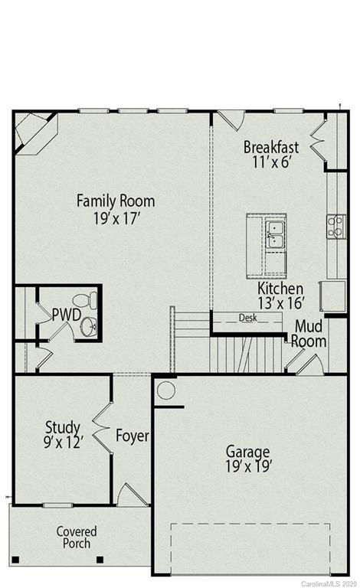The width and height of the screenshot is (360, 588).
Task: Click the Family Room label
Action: [115, 201]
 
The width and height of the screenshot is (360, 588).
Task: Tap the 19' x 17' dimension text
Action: [115, 218]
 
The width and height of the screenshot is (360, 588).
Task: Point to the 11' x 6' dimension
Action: [272, 162]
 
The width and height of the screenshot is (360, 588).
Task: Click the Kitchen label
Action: [280, 289]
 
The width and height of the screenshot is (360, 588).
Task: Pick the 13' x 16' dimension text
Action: [280, 304]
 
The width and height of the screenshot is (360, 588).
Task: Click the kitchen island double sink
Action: [276, 234]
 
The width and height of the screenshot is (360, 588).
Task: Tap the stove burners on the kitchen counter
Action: [335, 226]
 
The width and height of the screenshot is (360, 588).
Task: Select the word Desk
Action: [247, 317]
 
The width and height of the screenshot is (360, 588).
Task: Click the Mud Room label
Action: [309, 334]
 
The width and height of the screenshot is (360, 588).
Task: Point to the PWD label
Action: [65, 313]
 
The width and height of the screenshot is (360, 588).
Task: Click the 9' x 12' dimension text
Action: [64, 441]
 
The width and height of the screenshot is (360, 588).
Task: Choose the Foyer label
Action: [132, 436]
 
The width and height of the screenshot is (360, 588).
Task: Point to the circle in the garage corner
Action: [166, 391]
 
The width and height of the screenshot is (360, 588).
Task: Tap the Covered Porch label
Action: [77, 537]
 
